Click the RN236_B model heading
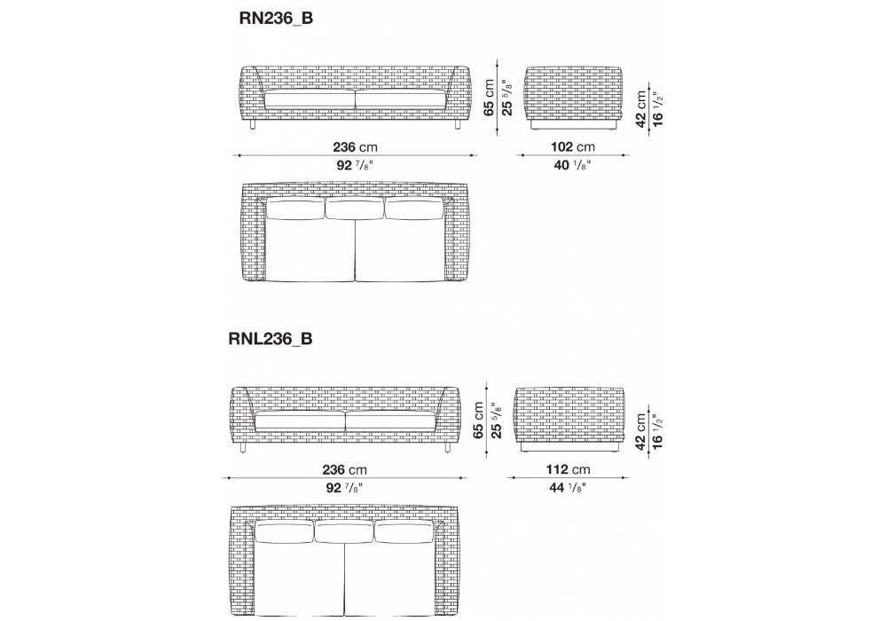[x=276, y=19]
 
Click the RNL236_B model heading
[x=271, y=339]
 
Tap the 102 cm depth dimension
[x=572, y=147]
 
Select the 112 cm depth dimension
[x=568, y=469]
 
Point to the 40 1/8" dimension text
[x=572, y=165]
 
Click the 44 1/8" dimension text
[x=568, y=488]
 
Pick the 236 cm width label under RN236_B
[x=355, y=147]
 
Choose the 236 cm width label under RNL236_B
[x=344, y=469]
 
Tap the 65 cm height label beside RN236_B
[x=490, y=98]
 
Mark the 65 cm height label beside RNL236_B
[x=479, y=421]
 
